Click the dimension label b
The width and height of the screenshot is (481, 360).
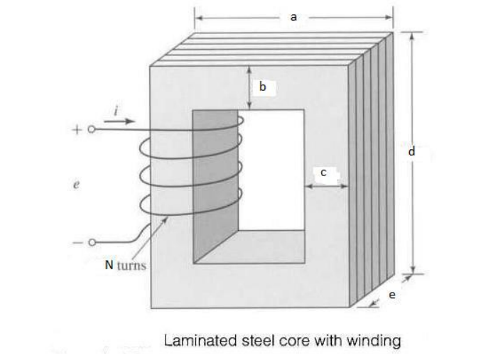pyautogui.click(x=262, y=87)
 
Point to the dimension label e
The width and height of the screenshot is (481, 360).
pyautogui.click(x=391, y=295)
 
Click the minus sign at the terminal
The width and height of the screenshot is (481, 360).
pyautogui.click(x=77, y=243)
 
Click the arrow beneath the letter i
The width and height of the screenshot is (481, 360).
pyautogui.click(x=122, y=121)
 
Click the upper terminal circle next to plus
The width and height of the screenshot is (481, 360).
pyautogui.click(x=91, y=130)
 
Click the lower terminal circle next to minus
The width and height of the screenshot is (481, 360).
pyautogui.click(x=91, y=243)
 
